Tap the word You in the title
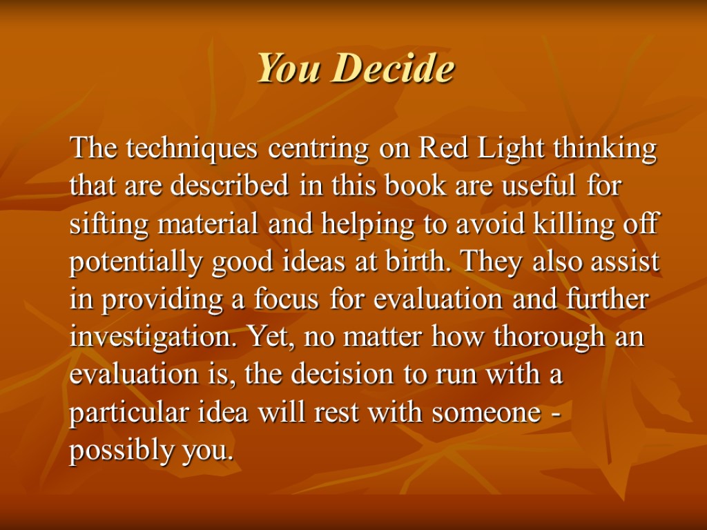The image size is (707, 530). pyautogui.click(x=289, y=68)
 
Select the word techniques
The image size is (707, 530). pyautogui.click(x=192, y=149)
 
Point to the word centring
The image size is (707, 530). pyautogui.click(x=318, y=149)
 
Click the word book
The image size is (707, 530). pyautogui.click(x=415, y=185)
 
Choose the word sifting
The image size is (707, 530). pyautogui.click(x=108, y=224)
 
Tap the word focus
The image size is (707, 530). pyautogui.click(x=286, y=299)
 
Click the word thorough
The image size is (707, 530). pyautogui.click(x=549, y=337)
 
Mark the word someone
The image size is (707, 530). pyautogui.click(x=486, y=413)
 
